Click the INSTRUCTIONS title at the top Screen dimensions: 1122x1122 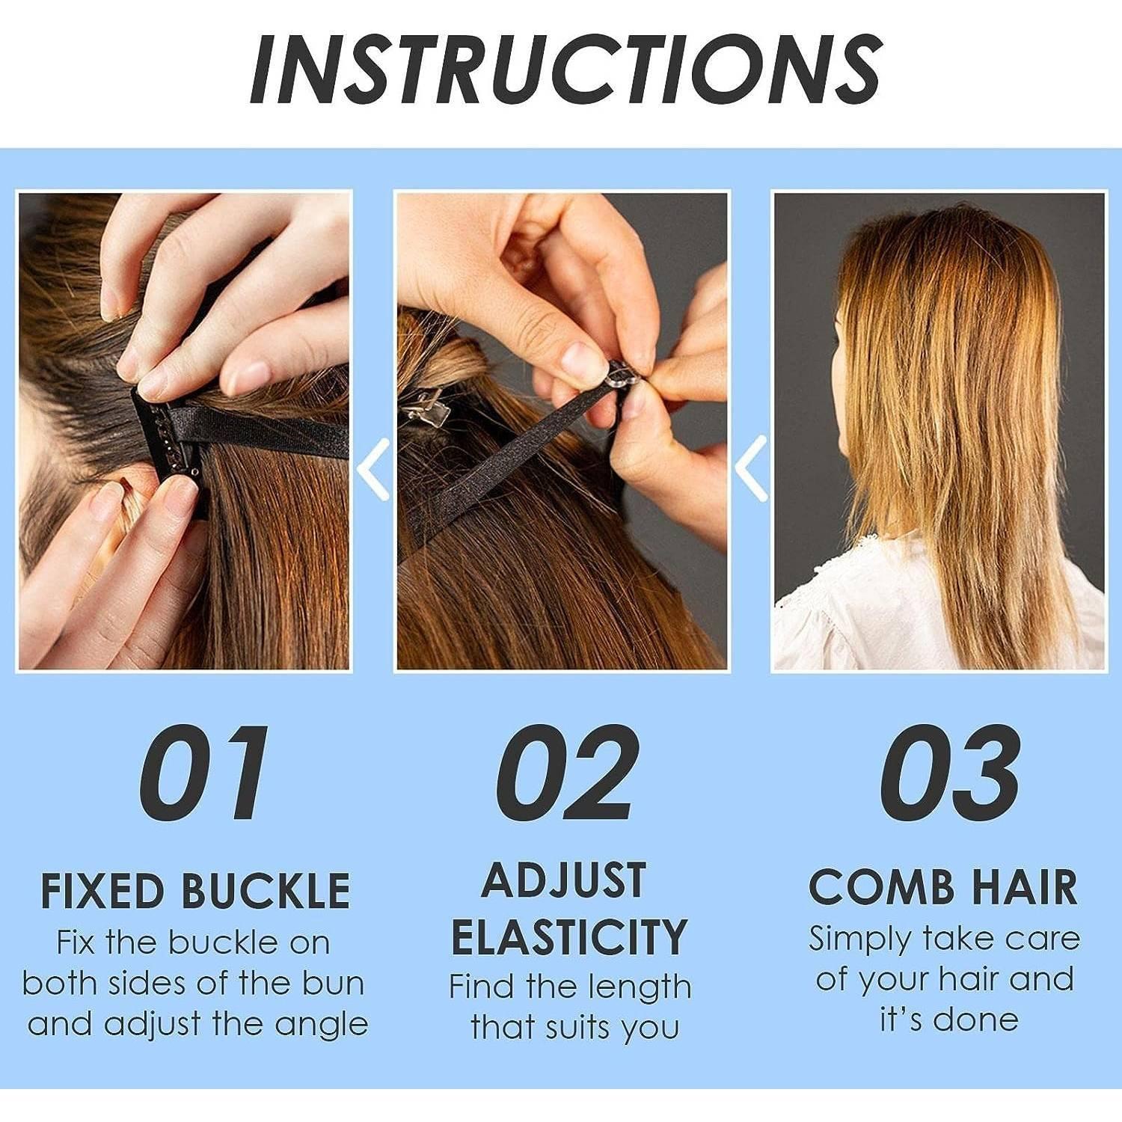point(566,69)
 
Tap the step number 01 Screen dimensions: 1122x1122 point(203,772)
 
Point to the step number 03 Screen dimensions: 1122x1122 point(950,772)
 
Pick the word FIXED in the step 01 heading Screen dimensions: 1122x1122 point(102,890)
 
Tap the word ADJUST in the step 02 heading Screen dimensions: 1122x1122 point(564,880)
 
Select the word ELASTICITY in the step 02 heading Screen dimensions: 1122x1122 point(568,936)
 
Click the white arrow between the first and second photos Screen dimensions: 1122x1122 point(373,469)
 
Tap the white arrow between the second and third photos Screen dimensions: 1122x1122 point(751,469)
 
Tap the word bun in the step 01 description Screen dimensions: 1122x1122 point(332,983)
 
